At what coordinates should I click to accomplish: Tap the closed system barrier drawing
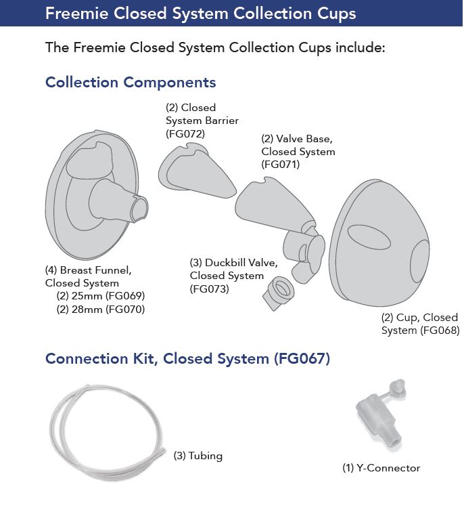tap(198, 172)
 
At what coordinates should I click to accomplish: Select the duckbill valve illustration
tap(278, 293)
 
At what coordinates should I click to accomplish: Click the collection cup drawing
tap(379, 243)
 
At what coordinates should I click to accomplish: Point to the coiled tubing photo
tap(107, 431)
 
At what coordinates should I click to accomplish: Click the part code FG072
tap(185, 134)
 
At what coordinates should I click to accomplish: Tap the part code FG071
tap(281, 165)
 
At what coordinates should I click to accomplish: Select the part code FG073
tap(210, 289)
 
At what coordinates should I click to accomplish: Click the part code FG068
tap(440, 331)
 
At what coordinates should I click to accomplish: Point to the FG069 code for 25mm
tap(125, 296)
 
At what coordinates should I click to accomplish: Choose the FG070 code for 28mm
tap(125, 310)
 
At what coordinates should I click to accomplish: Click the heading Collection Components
tap(131, 82)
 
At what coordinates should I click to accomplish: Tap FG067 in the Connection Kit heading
tap(302, 358)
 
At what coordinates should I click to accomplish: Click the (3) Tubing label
tap(198, 456)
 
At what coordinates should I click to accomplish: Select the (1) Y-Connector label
tap(381, 468)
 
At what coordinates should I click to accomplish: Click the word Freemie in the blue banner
tap(77, 14)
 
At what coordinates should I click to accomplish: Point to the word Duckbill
tap(225, 263)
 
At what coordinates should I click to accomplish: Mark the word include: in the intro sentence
tap(360, 47)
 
